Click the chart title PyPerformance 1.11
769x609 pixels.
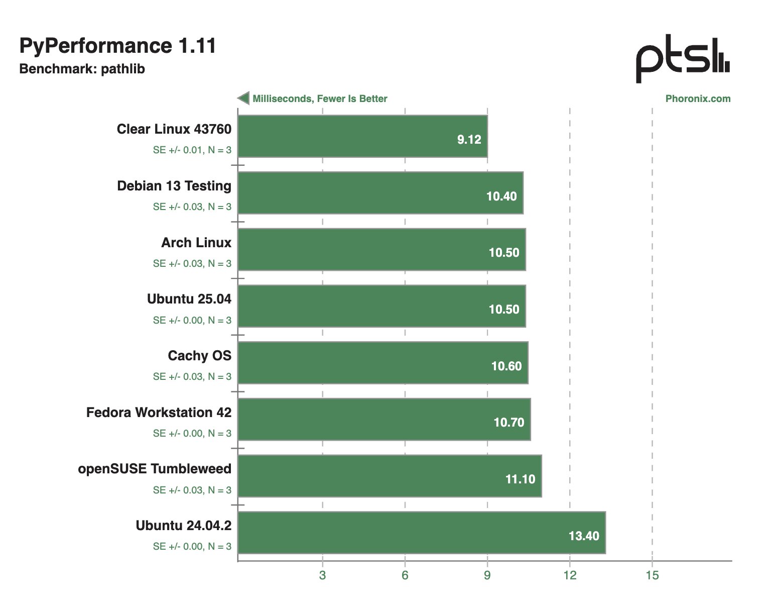(117, 46)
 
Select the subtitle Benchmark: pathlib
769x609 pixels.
(82, 69)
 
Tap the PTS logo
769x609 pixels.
(682, 58)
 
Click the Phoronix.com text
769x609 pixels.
(698, 99)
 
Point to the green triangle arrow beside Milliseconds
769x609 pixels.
(244, 98)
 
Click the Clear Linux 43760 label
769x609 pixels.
(174, 129)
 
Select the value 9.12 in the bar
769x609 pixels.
(469, 140)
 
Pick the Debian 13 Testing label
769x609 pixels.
(174, 186)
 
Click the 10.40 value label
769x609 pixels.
(501, 196)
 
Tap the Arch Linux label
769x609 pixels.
(196, 243)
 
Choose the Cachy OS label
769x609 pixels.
(199, 356)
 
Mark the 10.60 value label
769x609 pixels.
(506, 366)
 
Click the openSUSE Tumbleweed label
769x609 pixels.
(155, 469)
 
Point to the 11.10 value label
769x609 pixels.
(520, 479)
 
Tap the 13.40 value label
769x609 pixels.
(583, 536)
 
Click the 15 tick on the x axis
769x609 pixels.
(652, 575)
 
